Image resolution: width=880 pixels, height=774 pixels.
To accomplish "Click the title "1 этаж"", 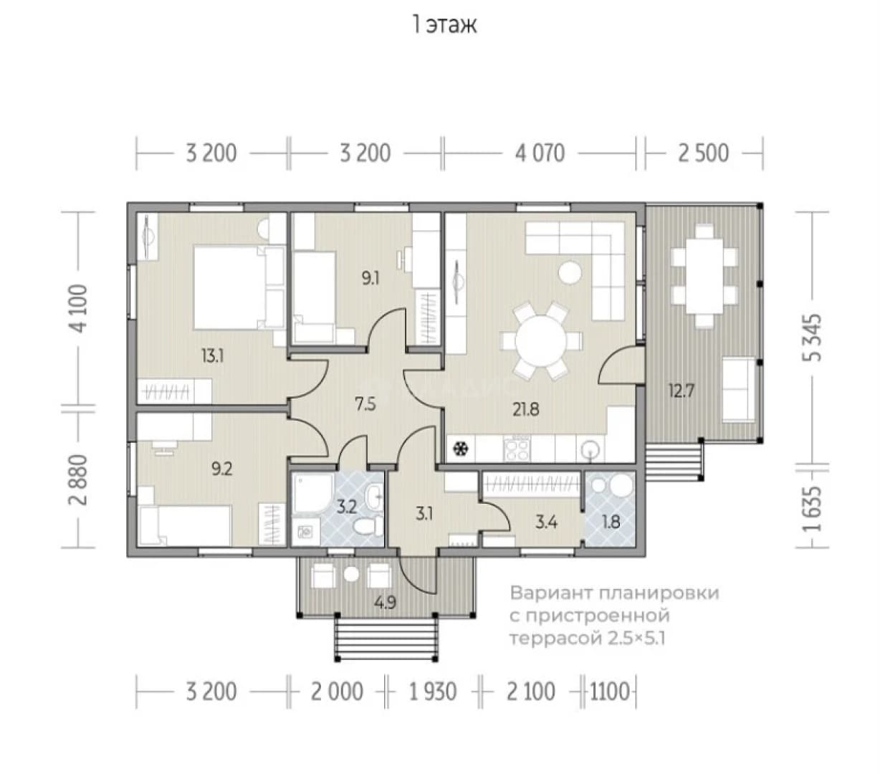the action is click(444, 25).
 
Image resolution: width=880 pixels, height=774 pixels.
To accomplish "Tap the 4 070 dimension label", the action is click(540, 153).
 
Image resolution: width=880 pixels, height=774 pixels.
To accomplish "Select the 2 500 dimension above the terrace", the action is click(703, 153).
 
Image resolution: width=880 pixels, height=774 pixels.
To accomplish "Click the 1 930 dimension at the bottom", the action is click(433, 692).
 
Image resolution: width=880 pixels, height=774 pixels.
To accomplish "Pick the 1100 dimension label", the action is click(609, 692).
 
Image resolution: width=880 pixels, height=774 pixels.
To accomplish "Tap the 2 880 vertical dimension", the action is click(78, 479).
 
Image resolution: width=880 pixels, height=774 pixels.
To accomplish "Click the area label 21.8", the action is click(526, 409).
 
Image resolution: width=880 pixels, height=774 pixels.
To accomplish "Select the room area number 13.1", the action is click(212, 357).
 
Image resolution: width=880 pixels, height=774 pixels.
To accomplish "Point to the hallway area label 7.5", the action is click(365, 404).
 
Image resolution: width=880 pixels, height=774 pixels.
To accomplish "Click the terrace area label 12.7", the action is click(681, 391).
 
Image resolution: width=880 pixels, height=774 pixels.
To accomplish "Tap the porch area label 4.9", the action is click(386, 603).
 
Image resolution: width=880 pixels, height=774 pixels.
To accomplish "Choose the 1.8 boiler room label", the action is click(611, 522).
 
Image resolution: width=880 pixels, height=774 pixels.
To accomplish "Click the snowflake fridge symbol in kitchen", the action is click(459, 449).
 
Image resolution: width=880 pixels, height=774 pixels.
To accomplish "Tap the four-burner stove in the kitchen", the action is click(517, 449).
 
